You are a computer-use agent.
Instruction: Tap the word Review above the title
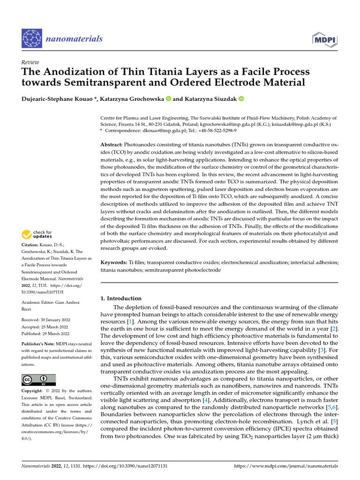(x=30, y=63)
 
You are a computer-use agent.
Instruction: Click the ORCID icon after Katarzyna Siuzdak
(x=241, y=98)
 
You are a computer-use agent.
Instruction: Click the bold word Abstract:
(x=112, y=145)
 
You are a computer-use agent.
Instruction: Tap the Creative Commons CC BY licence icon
(x=38, y=379)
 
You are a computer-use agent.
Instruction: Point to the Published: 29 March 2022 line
(x=45, y=334)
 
